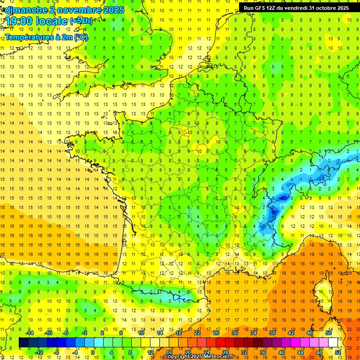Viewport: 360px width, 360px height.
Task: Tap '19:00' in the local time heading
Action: [x=19, y=21]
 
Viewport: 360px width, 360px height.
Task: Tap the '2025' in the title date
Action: [x=113, y=9]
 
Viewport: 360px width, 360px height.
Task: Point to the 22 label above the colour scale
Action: [x=197, y=333]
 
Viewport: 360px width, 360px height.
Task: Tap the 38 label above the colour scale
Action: [x=272, y=333]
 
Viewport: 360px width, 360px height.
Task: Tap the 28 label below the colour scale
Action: [x=225, y=352]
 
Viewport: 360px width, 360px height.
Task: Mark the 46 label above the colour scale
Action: [x=310, y=333]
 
